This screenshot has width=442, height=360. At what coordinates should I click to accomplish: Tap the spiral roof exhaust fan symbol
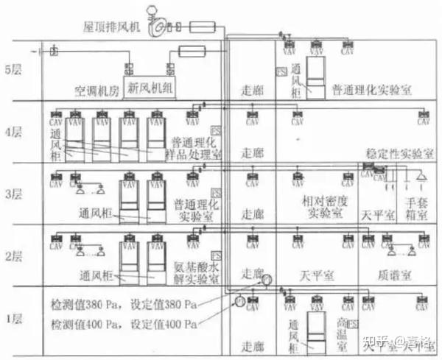point(157,27)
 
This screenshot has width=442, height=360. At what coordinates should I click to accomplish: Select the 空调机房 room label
point(97,91)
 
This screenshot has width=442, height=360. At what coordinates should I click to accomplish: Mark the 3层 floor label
point(15,195)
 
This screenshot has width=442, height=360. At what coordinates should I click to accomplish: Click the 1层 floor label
point(15,318)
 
